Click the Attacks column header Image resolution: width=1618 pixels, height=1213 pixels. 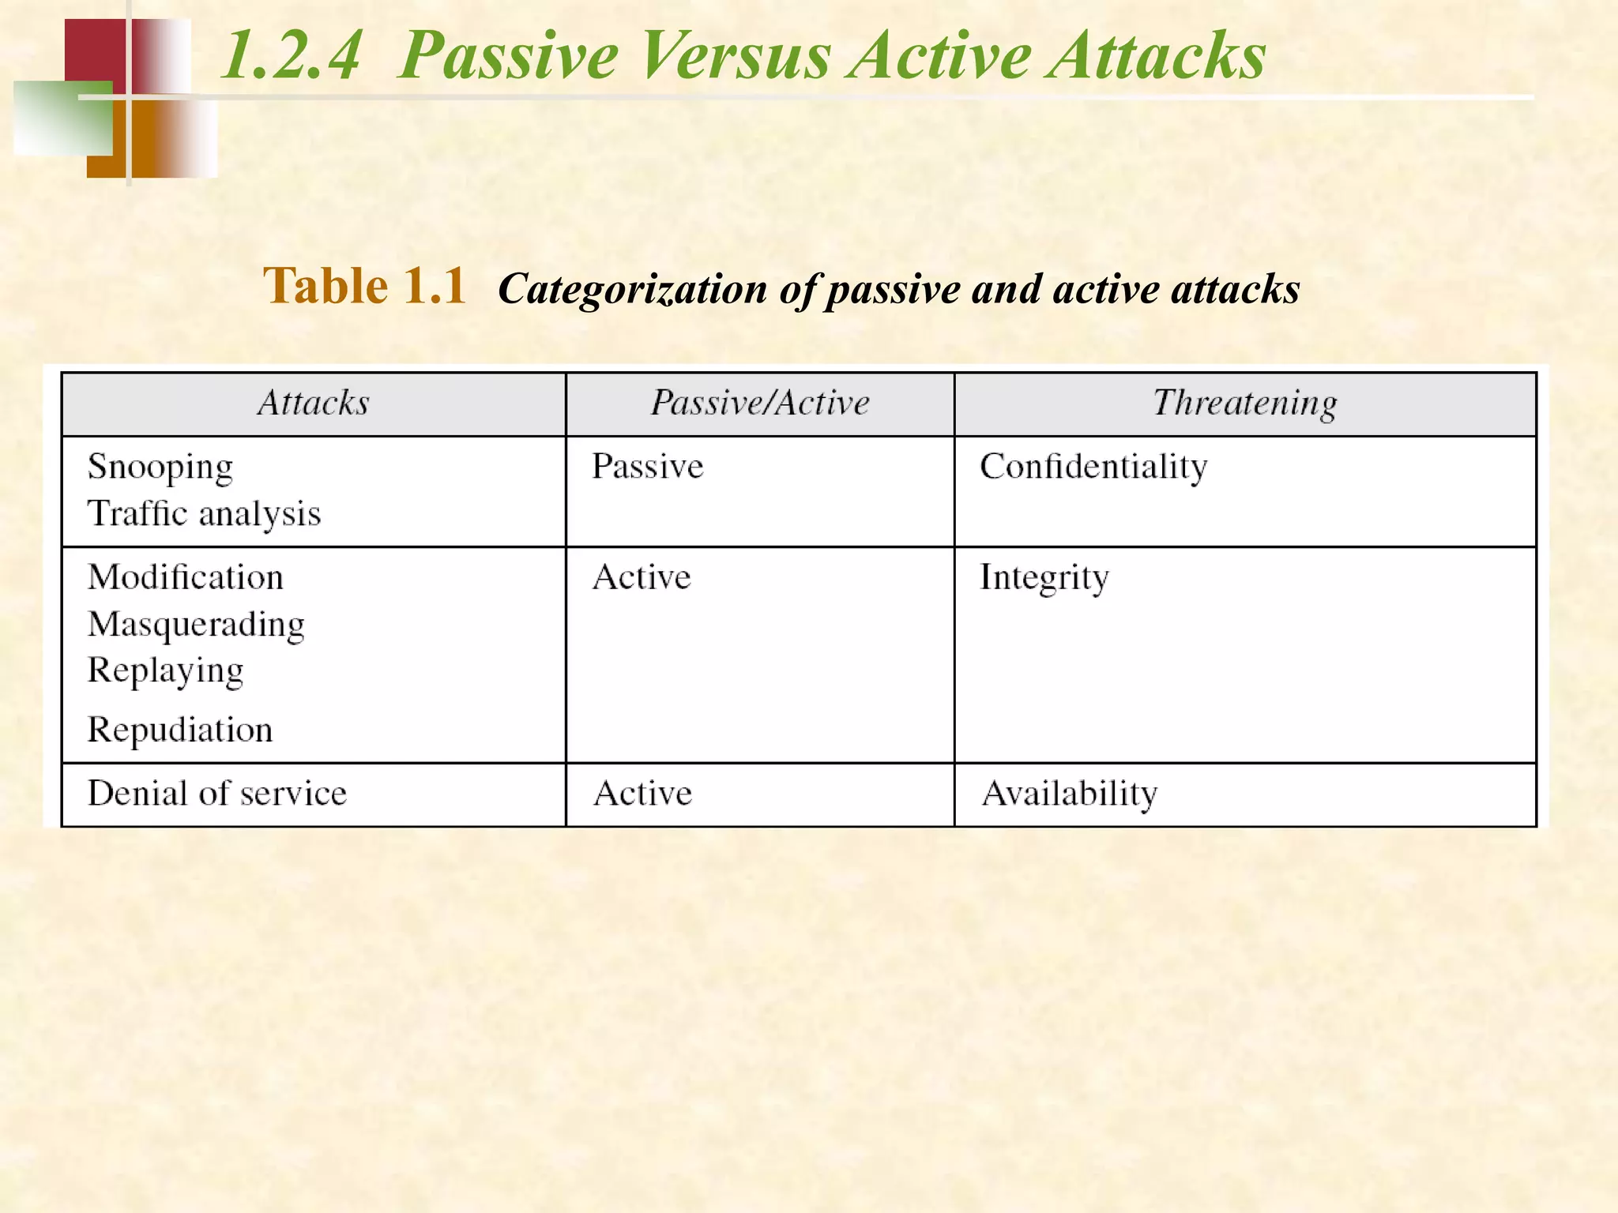pyautogui.click(x=314, y=404)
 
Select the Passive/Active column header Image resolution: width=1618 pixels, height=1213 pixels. pyautogui.click(x=760, y=404)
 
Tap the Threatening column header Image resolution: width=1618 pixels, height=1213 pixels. pyautogui.click(x=1245, y=404)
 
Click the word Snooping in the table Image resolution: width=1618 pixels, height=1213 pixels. pyautogui.click(x=160, y=467)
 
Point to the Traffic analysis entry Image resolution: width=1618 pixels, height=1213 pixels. pyautogui.click(x=204, y=514)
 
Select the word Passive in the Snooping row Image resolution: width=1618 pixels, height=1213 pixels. pyautogui.click(x=647, y=467)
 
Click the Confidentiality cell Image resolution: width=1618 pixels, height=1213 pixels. pyautogui.click(x=1093, y=467)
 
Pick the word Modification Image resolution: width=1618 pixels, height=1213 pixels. pyautogui.click(x=186, y=577)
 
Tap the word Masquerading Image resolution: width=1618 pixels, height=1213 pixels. pyautogui.click(x=196, y=625)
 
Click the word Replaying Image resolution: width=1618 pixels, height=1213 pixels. pyautogui.click(x=165, y=671)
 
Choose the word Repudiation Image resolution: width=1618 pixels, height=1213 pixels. pyautogui.click(x=180, y=730)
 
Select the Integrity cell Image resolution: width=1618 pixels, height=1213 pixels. pyautogui.click(x=1044, y=577)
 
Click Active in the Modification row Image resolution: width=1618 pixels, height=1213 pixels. pyautogui.click(x=642, y=577)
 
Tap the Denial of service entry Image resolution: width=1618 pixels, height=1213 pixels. pyautogui.click(x=217, y=793)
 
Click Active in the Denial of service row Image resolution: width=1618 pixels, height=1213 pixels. pyautogui.click(x=642, y=793)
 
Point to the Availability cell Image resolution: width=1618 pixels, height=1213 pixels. pyautogui.click(x=1070, y=793)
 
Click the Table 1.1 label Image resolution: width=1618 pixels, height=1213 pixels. pyautogui.click(x=364, y=286)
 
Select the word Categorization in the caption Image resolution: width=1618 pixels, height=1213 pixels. pyautogui.click(x=632, y=290)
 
